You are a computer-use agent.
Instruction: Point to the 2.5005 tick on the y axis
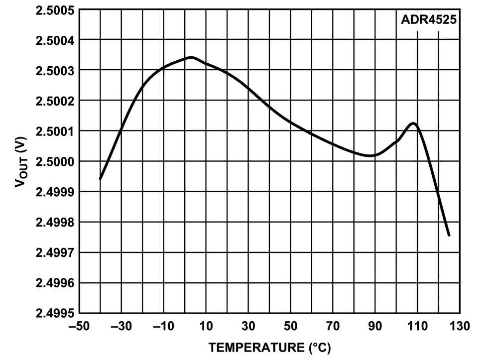[x=55, y=9]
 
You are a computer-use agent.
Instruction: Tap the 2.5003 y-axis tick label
[x=55, y=70]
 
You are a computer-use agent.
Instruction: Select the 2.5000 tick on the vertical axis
[x=55, y=161]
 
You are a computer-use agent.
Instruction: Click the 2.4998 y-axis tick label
[x=55, y=222]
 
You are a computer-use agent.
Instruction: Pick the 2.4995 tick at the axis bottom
[x=55, y=313]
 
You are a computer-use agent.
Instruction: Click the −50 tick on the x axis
[x=80, y=327]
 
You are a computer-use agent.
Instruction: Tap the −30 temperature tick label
[x=121, y=327]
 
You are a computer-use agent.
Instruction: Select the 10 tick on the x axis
[x=206, y=327]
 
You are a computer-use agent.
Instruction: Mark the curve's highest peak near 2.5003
[x=191, y=57]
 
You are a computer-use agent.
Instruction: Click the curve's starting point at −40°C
[x=101, y=178]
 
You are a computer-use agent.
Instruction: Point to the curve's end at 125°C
[x=449, y=235]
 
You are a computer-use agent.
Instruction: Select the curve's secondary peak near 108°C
[x=413, y=123]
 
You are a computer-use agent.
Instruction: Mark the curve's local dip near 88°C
[x=370, y=155]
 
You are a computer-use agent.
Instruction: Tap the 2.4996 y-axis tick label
[x=55, y=283]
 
